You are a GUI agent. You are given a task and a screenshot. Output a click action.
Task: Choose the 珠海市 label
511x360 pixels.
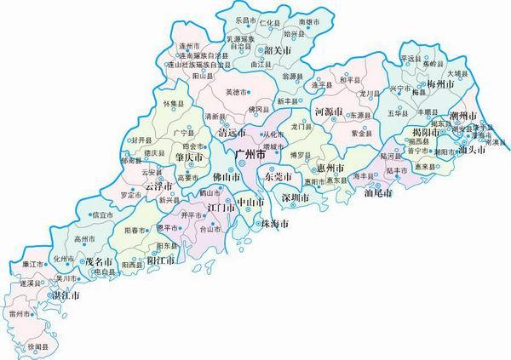(x=275, y=223)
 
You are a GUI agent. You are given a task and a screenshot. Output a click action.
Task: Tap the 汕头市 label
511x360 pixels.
(x=471, y=150)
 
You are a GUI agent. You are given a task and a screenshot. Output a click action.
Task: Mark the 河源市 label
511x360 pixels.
(x=328, y=111)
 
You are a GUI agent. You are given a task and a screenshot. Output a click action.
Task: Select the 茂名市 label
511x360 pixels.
(x=100, y=263)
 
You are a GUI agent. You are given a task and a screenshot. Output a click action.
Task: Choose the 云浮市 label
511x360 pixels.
(x=158, y=186)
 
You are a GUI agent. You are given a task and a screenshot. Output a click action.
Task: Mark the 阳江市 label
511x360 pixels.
(x=161, y=261)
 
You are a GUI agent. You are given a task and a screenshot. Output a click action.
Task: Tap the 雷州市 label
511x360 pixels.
(x=19, y=315)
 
